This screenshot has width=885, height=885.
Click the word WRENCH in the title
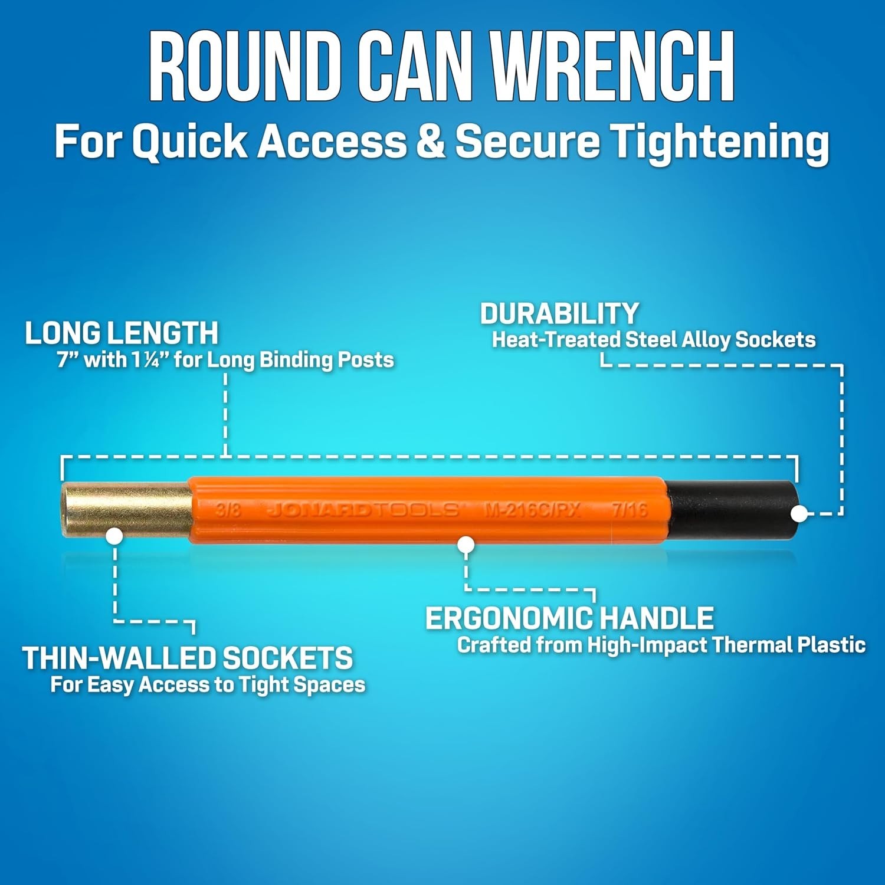pyautogui.click(x=612, y=67)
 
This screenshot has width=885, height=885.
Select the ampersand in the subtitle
pyautogui.click(x=430, y=142)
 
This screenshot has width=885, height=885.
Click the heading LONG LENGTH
pyautogui.click(x=122, y=333)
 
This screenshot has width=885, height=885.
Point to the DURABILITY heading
pyautogui.click(x=559, y=314)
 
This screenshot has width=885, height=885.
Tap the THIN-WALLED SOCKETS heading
pyautogui.click(x=188, y=658)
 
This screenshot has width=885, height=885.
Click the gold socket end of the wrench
pyautogui.click(x=127, y=510)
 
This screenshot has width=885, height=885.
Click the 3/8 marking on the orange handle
pyautogui.click(x=228, y=510)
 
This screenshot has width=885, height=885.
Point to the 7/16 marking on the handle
pyautogui.click(x=630, y=510)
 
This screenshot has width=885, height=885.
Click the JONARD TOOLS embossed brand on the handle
pyautogui.click(x=363, y=510)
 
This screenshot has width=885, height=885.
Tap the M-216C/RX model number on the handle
pyautogui.click(x=532, y=510)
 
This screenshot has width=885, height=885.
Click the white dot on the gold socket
pyautogui.click(x=114, y=536)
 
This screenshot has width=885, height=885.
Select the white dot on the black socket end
pyautogui.click(x=799, y=513)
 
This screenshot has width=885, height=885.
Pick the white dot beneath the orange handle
pyautogui.click(x=466, y=545)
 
